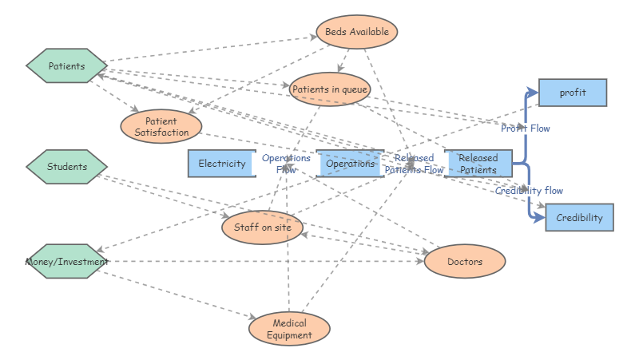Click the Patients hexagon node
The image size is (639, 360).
click(x=66, y=66)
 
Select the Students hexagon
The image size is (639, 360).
click(x=66, y=167)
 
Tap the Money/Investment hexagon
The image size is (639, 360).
click(x=66, y=261)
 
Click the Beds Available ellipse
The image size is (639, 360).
click(x=357, y=32)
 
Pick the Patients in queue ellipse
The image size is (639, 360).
click(x=330, y=89)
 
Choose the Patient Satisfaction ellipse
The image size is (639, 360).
click(x=161, y=127)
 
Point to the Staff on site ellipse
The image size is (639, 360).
click(x=262, y=228)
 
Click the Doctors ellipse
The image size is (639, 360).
click(x=464, y=261)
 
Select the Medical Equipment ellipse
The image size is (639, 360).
click(x=289, y=329)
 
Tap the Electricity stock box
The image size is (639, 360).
click(x=222, y=164)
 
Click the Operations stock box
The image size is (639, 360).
click(x=350, y=164)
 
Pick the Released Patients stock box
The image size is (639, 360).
click(x=478, y=164)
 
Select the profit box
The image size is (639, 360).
click(x=573, y=93)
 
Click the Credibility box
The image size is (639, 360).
click(x=579, y=218)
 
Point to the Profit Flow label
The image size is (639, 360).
click(x=526, y=128)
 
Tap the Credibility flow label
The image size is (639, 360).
click(x=529, y=191)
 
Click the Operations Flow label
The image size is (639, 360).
click(x=286, y=164)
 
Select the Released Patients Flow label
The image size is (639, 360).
click(x=414, y=164)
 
